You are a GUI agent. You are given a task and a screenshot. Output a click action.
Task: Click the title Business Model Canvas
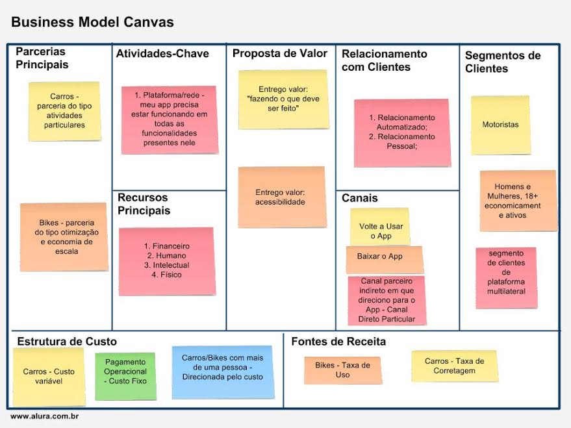point(92,22)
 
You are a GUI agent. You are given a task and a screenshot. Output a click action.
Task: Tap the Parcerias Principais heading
point(42,58)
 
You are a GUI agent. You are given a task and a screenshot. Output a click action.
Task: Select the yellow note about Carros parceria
point(64,111)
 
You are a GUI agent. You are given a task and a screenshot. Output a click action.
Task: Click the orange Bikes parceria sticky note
point(64,236)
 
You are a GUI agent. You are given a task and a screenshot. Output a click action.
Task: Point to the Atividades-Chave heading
point(162,54)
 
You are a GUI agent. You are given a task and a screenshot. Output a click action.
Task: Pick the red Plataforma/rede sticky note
point(169,120)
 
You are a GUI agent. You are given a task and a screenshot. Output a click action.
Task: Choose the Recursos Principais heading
point(143,204)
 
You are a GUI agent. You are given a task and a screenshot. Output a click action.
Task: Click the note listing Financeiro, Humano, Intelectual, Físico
point(166,260)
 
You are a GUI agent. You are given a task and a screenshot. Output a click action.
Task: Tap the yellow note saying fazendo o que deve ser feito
point(283,99)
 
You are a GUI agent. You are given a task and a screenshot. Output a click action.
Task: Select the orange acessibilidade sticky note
point(281,197)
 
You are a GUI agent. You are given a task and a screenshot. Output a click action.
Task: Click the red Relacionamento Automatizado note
point(401,132)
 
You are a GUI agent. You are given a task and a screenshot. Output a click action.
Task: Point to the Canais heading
point(359,198)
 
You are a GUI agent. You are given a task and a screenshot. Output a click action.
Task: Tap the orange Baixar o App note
point(383,258)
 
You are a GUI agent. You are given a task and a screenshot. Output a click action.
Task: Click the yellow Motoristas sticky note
point(500,125)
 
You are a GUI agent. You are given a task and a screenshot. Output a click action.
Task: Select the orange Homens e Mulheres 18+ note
point(518,201)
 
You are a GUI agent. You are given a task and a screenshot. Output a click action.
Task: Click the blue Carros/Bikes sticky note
point(222,371)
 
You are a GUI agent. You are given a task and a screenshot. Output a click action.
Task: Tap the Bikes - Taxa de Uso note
point(342,370)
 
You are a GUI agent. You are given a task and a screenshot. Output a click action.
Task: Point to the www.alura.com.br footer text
point(44,416)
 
